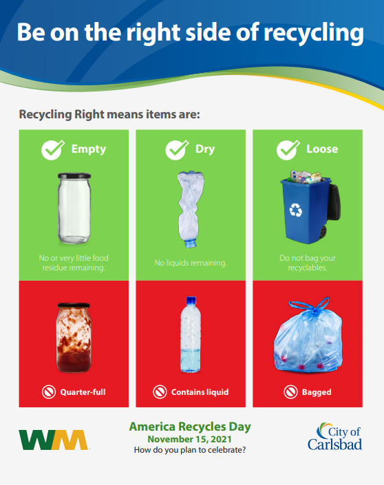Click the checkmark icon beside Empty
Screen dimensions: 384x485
pyautogui.click(x=52, y=150)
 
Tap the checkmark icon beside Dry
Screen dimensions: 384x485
pyautogui.click(x=177, y=150)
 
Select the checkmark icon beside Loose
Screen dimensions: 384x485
pyautogui.click(x=288, y=150)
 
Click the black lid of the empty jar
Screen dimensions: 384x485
pyautogui.click(x=74, y=175)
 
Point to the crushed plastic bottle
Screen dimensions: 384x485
pyautogui.click(x=190, y=209)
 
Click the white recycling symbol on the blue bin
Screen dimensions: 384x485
pyautogui.click(x=295, y=210)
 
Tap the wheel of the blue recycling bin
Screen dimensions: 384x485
pyautogui.click(x=323, y=231)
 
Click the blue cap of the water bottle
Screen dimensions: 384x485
pyautogui.click(x=191, y=300)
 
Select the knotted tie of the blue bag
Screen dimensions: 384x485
pyautogui.click(x=311, y=305)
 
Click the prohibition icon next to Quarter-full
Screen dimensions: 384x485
pyautogui.click(x=49, y=392)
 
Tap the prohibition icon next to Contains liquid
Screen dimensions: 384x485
pyautogui.click(x=160, y=392)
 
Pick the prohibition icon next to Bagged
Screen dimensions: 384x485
pyautogui.click(x=291, y=392)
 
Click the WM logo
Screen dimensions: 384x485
pyautogui.click(x=54, y=440)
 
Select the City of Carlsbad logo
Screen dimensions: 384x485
pyautogui.click(x=334, y=436)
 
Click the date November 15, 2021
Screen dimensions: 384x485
pyautogui.click(x=190, y=439)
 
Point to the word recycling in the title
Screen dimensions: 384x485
pyautogui.click(x=314, y=33)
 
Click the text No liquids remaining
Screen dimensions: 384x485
pyautogui.click(x=191, y=263)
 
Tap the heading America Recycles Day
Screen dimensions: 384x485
pyautogui.click(x=190, y=427)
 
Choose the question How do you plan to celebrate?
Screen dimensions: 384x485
pyautogui.click(x=190, y=450)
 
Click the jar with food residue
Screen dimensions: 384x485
pyautogui.click(x=74, y=338)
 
